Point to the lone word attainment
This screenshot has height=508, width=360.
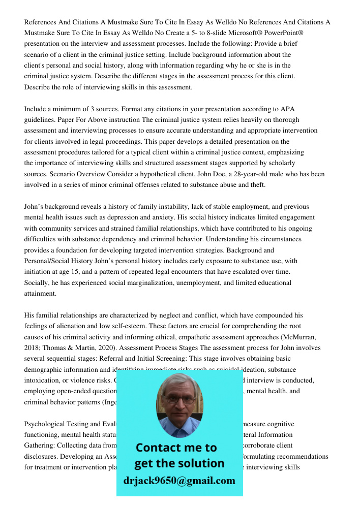coord(40,294)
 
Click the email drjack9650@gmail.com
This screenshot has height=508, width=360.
coord(179,481)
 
